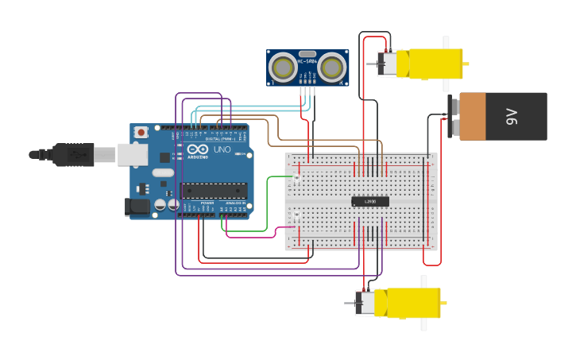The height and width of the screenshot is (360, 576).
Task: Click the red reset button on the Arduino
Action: click(141, 132)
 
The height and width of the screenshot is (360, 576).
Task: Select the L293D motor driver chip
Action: click(370, 202)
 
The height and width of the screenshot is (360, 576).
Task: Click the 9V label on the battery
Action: click(512, 117)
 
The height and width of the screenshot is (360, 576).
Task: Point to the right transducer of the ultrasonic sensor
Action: click(332, 68)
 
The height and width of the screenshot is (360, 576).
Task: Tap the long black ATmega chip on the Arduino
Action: click(213, 190)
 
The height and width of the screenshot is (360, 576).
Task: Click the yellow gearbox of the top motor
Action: click(434, 64)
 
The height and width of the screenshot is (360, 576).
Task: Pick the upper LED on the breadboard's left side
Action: click(296, 179)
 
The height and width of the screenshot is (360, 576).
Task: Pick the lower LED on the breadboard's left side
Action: click(296, 215)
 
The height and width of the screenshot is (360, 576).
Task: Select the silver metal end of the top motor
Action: click(387, 64)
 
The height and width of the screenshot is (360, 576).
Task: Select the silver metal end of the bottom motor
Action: click(365, 303)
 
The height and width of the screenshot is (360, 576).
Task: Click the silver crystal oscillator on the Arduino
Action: click(162, 172)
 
